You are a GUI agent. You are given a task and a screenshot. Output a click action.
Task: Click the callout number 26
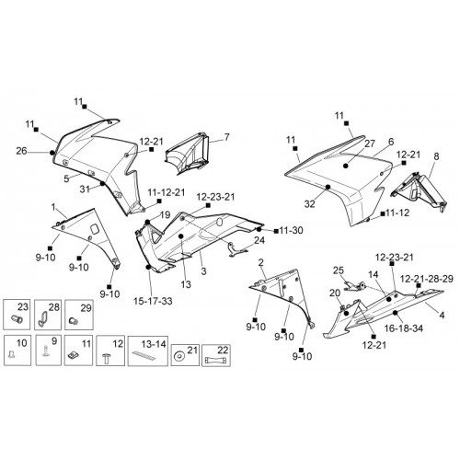tap(21, 151)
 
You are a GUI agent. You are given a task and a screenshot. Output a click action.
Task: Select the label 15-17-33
tap(153, 301)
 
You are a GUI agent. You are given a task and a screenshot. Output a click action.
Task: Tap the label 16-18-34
tap(404, 328)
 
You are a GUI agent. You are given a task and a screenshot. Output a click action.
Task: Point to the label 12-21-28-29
tap(427, 279)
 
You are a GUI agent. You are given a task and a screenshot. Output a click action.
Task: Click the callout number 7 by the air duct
tap(226, 137)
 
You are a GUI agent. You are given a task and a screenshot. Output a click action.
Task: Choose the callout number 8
tap(436, 156)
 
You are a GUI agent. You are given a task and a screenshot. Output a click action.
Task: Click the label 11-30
tap(291, 230)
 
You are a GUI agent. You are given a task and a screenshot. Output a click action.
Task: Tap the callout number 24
tap(259, 240)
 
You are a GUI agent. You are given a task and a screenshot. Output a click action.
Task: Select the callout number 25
tap(339, 270)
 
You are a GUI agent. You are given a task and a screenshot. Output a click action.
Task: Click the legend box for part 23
tap(17, 315)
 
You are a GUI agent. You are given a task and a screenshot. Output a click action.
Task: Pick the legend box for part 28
tap(48, 315)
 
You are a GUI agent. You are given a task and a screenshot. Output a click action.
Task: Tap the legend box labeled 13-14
tap(148, 351)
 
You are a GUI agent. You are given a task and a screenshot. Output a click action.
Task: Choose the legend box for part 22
tap(216, 355)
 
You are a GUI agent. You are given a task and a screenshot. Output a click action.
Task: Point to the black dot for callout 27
tap(346, 166)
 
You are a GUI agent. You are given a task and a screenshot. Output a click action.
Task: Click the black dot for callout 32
tap(328, 187)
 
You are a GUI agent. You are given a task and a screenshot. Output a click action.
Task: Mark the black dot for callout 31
tap(102, 184)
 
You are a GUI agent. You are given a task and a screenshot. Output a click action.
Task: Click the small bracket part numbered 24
tap(236, 247)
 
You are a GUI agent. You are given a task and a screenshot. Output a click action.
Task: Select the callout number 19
tap(165, 215)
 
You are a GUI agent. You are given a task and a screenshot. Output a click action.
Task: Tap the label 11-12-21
tap(167, 192)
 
